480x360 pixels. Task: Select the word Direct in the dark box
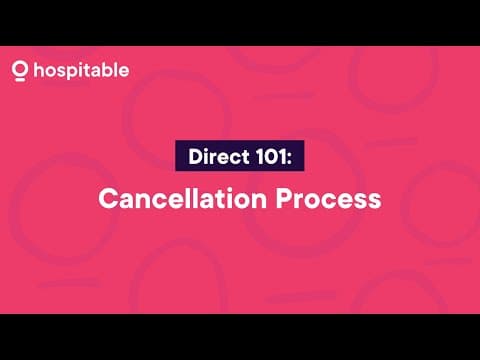212,156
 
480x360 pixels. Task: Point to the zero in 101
273,156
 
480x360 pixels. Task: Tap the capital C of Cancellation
107,198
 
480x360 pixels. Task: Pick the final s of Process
374,200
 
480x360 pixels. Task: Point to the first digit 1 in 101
261,156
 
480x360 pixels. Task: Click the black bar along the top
240,22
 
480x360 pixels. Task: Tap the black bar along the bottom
240,337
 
